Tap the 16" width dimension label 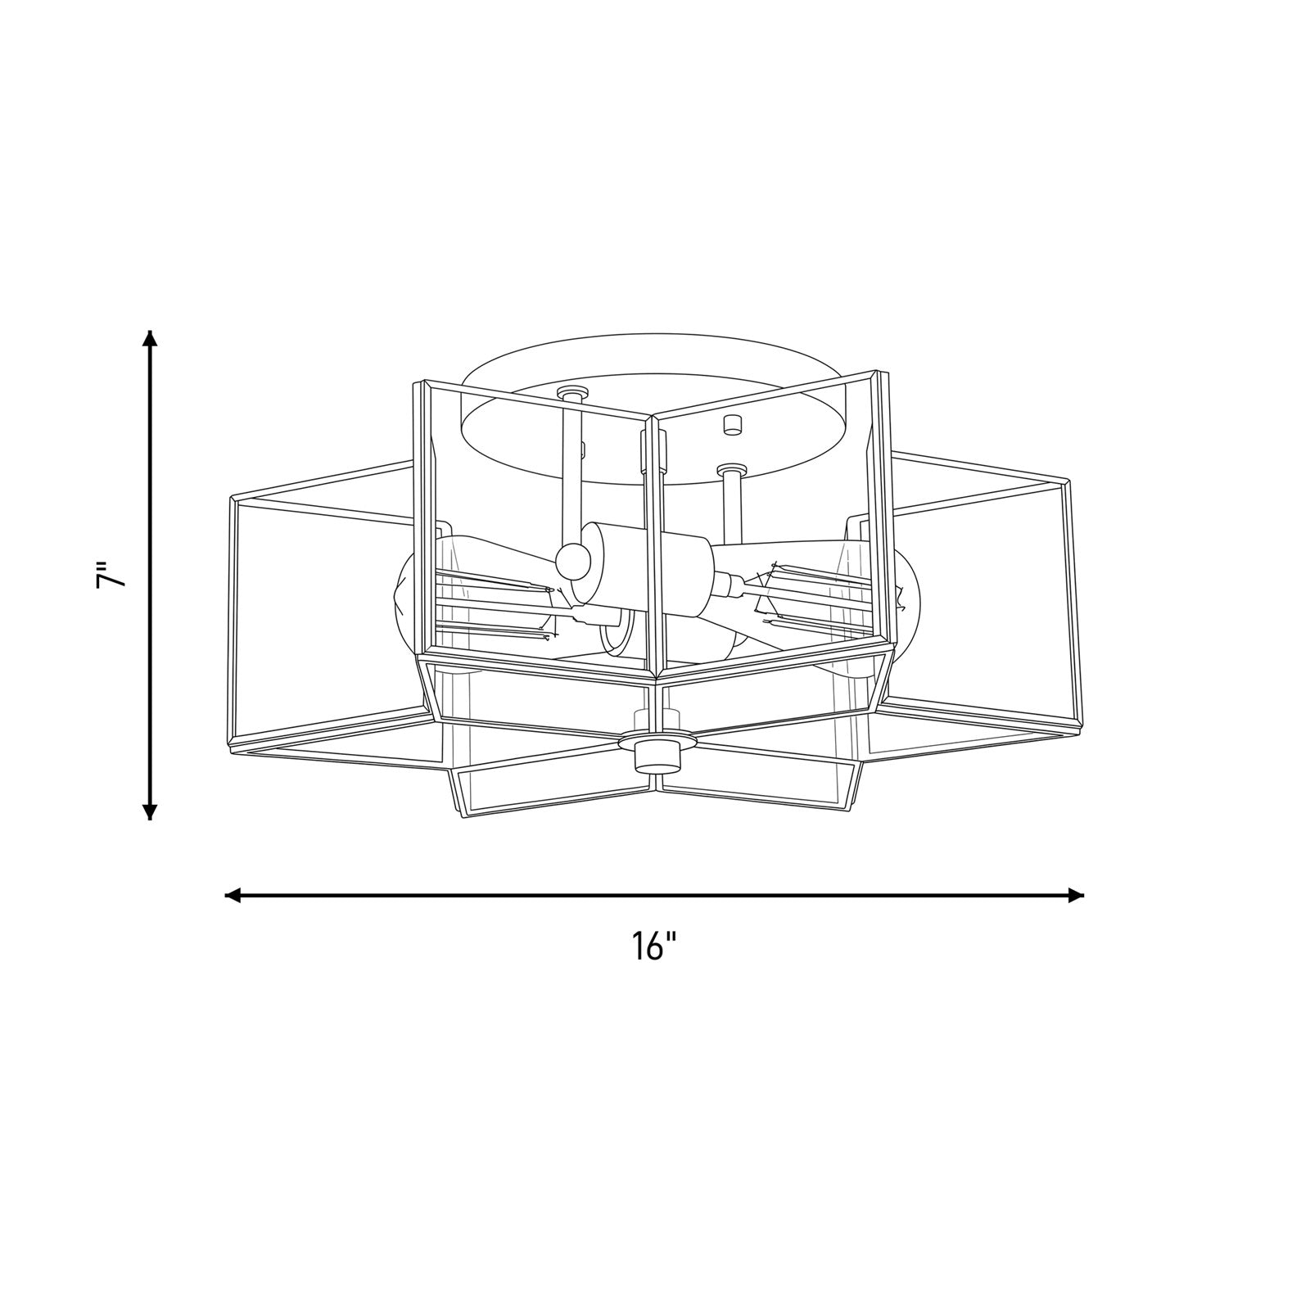[x=654, y=946]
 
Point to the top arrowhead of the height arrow [x=149, y=339]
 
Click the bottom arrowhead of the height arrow [x=149, y=809]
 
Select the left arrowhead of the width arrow [x=234, y=895]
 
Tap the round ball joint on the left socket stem [x=572, y=561]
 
